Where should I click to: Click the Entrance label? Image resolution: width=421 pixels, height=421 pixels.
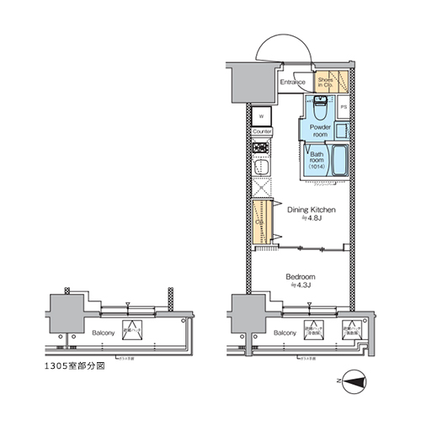[x=292, y=83]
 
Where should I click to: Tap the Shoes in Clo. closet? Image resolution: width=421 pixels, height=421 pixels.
[x=326, y=82]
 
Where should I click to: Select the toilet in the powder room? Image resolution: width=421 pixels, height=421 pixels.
[x=321, y=108]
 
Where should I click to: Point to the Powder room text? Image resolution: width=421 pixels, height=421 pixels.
[x=319, y=131]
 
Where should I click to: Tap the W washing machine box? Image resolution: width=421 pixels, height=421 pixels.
[x=262, y=115]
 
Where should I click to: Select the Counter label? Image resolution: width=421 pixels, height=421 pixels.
[x=262, y=133]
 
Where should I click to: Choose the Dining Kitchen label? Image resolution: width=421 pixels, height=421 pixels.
[x=312, y=209]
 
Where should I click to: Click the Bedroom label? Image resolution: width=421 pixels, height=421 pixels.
[x=301, y=276]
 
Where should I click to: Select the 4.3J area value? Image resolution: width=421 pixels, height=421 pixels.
[x=301, y=286]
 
